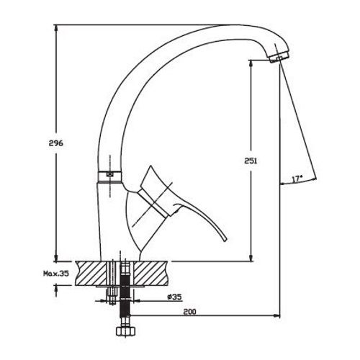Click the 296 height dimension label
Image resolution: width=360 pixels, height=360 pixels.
tap(56, 143)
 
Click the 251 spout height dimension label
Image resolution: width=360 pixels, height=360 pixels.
tap(251, 161)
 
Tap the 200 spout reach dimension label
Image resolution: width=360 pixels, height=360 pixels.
tap(190, 312)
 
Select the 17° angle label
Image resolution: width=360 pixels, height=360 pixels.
tap(297, 179)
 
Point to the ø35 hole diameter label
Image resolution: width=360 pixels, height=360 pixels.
tap(174, 297)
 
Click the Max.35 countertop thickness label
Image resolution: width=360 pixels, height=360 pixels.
tap(56, 273)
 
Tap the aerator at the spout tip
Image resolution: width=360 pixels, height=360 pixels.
tap(279, 57)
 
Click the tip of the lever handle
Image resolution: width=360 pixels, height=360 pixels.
tap(225, 240)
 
